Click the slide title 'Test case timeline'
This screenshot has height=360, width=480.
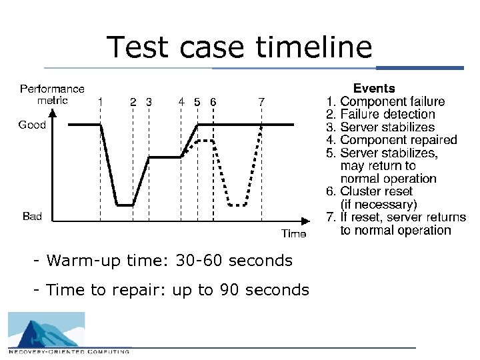[x=239, y=48]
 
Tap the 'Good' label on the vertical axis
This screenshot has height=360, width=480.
[x=32, y=125]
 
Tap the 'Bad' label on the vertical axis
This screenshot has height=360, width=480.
[x=32, y=216]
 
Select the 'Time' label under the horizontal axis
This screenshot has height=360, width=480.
[x=293, y=233]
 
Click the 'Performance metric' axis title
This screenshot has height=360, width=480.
[x=52, y=94]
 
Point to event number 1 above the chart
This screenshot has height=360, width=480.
[x=100, y=102]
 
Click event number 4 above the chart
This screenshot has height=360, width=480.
[x=181, y=102]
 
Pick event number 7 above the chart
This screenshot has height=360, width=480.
[x=261, y=102]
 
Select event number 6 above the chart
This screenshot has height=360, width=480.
[x=212, y=102]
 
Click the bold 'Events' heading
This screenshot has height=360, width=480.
[x=374, y=88]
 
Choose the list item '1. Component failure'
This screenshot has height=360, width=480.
[x=385, y=101]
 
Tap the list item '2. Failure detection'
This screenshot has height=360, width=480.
[x=380, y=114]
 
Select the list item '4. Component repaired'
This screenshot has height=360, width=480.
[x=391, y=140]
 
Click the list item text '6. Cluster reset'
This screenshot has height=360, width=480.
[x=369, y=191]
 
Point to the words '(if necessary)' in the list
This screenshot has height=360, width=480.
[x=378, y=204]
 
